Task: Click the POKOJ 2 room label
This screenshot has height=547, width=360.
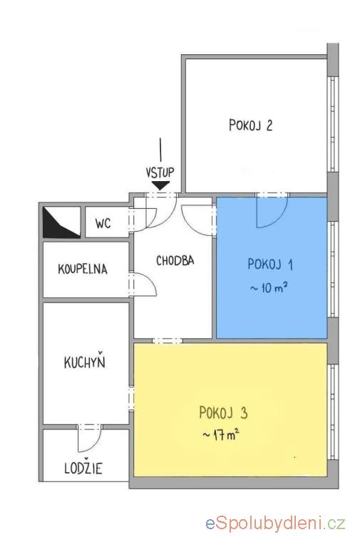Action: pos(250,125)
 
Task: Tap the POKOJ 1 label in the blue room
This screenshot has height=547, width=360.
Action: pos(270,264)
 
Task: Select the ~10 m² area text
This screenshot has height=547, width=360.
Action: pos(269,288)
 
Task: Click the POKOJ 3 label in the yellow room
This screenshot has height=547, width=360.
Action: pos(223,413)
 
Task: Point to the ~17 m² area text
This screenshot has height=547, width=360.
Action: pos(221,435)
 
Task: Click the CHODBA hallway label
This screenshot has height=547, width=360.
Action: pos(175,260)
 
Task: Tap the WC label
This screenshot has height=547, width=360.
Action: pos(103,223)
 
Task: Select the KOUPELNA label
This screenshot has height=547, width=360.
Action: pos(83,270)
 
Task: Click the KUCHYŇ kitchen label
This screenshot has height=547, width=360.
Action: pos(84,362)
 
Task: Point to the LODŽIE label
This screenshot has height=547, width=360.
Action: pos(83,468)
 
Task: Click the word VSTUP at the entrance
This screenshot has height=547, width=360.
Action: pos(160,173)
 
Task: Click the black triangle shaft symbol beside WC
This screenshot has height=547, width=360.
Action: pos(61,223)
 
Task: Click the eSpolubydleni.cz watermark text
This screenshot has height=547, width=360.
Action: pos(275,523)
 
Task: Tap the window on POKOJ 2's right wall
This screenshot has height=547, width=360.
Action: pos(333,124)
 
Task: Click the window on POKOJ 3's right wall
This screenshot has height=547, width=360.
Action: pos(333,412)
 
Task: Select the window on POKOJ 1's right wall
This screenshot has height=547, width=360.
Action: pos(333,269)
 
